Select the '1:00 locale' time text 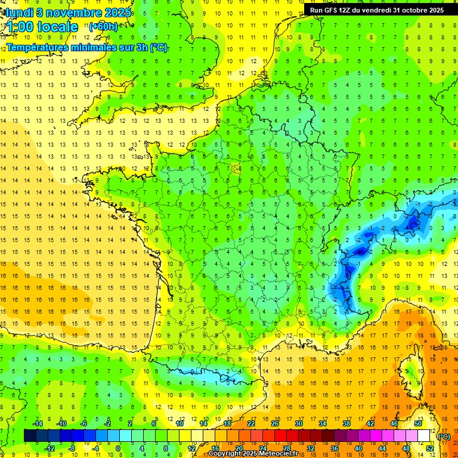42,27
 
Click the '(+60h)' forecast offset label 103,27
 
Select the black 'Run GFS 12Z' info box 377,10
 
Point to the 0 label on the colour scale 118,448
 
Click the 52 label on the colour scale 430,448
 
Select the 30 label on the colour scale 298,423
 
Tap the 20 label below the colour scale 239,448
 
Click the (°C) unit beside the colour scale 444,436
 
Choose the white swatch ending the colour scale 424,436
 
